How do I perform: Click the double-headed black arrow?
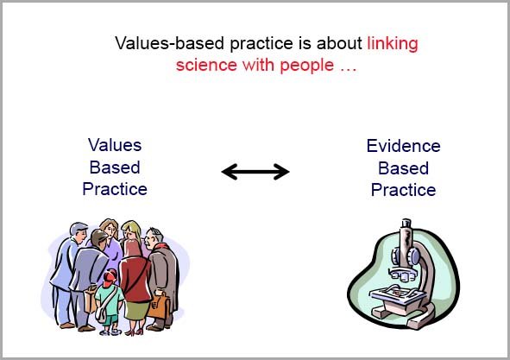(x=255, y=172)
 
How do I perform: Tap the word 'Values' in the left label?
(x=115, y=145)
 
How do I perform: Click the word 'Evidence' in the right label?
(x=403, y=146)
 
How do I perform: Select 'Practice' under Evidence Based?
(x=403, y=189)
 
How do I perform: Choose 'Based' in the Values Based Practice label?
(x=115, y=167)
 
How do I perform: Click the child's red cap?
(x=110, y=276)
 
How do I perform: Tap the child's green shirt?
(x=109, y=298)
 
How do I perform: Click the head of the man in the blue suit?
(x=79, y=232)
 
